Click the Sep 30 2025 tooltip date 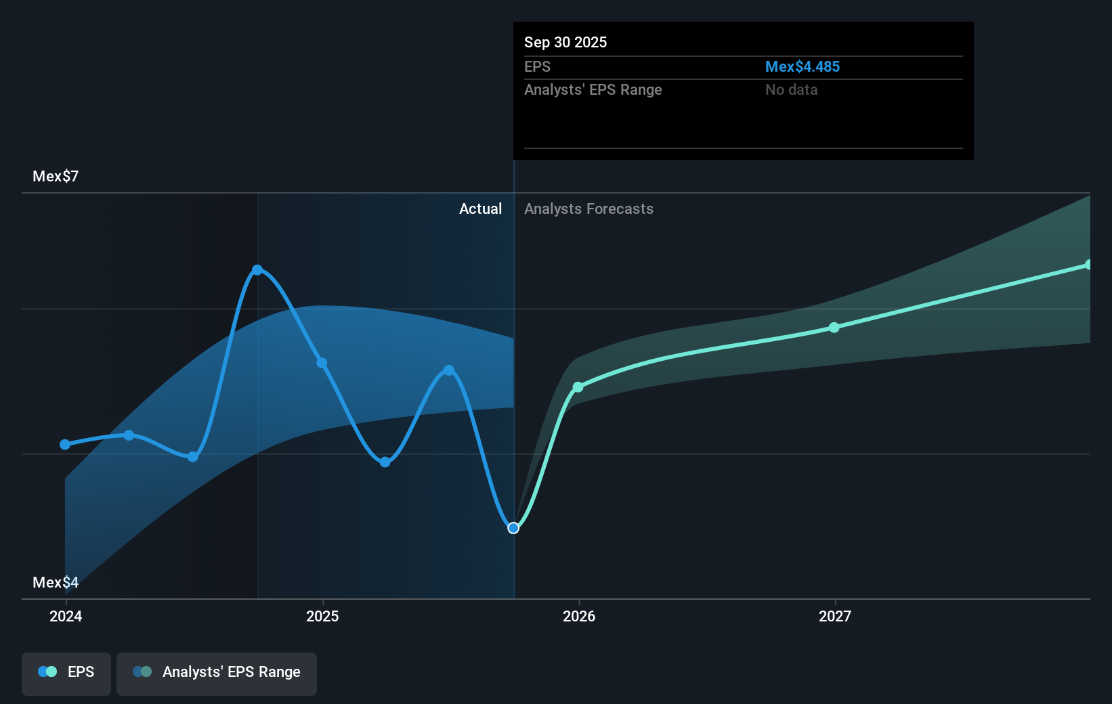point(565,43)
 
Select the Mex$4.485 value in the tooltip point(802,67)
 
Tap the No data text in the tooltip point(791,90)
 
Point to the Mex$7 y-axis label point(56,177)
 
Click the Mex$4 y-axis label point(56,582)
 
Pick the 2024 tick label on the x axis point(66,616)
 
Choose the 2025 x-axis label point(322,616)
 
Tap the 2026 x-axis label point(579,616)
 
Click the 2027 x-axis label point(835,616)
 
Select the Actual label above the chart point(480,209)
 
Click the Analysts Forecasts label point(589,209)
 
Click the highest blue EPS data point point(257,270)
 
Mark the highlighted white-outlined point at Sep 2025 point(513,528)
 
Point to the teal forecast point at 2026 point(578,387)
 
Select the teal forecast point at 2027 point(834,328)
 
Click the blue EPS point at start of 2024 point(65,445)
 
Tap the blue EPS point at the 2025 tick point(322,363)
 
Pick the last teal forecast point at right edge point(1088,265)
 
